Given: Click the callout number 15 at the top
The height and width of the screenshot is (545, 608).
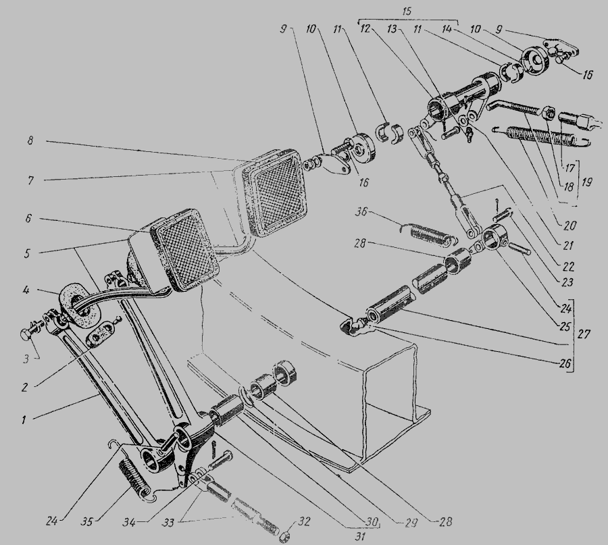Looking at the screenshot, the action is [407, 11].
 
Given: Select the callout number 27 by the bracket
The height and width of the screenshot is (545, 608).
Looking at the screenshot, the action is [583, 334].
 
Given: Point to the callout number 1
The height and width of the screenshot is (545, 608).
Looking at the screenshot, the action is [24, 419].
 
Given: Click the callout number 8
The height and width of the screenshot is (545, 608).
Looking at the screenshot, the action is [30, 140].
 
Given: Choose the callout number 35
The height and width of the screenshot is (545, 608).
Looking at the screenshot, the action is [88, 522].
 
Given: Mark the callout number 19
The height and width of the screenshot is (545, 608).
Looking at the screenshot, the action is [586, 182].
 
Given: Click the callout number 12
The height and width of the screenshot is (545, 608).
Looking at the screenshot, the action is [365, 29].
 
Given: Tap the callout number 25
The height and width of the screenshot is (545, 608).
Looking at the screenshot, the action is [565, 327].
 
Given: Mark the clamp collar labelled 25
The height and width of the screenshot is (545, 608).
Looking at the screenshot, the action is [492, 236].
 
